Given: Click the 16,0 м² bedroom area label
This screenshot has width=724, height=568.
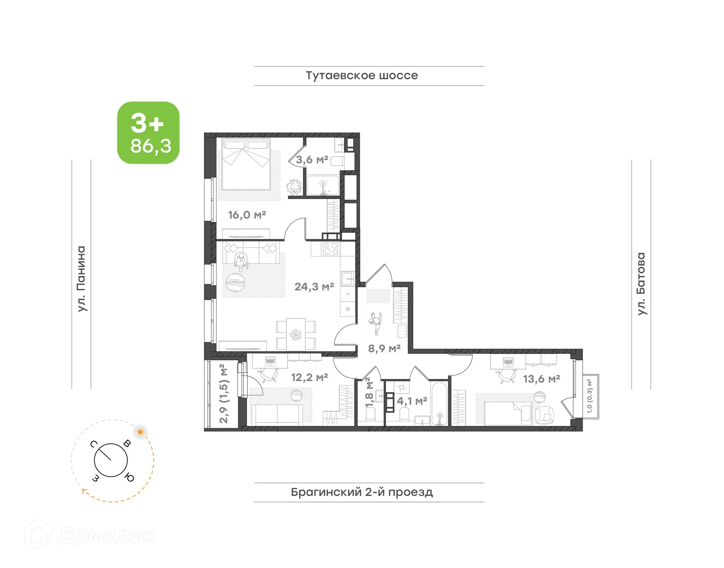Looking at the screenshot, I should click(247, 215).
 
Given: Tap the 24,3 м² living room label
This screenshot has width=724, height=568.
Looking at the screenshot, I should click(314, 287).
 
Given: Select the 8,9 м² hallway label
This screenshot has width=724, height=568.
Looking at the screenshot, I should click(384, 349).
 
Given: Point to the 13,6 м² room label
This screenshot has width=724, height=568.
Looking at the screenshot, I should click(541, 379).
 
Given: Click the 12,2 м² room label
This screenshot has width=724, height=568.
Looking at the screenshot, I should click(309, 377).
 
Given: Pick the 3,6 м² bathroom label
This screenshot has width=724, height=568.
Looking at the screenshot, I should click(311, 160).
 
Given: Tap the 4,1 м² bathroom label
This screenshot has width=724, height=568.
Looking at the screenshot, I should click(412, 401).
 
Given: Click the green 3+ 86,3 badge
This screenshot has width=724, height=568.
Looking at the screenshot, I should click(148, 133).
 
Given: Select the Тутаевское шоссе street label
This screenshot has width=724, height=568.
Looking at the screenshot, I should click(362, 76).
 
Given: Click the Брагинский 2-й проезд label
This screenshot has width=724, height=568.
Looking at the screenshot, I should click(362, 492).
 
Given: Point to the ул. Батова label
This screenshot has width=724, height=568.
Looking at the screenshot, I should click(641, 283).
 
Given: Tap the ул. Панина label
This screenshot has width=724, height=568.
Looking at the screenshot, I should click(81, 279).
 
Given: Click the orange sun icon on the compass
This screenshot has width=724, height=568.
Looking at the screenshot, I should click(140, 432).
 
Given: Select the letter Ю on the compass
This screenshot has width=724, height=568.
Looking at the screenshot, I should click(129, 478).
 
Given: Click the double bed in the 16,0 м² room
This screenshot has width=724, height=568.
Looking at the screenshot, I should click(246, 164).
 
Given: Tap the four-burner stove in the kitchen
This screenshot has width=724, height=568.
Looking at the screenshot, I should click(330, 249).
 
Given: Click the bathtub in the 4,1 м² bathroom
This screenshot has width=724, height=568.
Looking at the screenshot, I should click(439, 404).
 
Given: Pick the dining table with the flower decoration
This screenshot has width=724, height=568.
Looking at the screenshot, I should click(296, 334).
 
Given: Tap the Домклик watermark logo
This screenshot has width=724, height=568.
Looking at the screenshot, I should click(90, 535).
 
